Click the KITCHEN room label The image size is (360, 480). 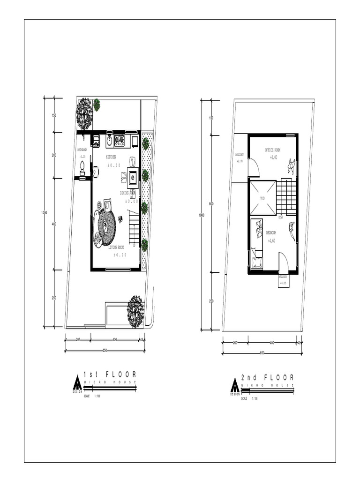point(111,157)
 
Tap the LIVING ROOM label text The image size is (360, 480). point(116,247)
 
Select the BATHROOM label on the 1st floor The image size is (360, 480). point(82,150)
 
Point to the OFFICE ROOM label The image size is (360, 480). point(273,150)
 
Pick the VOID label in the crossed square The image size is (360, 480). point(262,198)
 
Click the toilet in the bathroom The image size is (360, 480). point(83,166)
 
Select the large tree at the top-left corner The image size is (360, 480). point(84,112)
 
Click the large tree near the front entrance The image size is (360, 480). point(135,310)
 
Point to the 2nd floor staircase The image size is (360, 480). point(286,196)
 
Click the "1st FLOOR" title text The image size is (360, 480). point(110,375)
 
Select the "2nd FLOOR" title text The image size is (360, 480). point(268,377)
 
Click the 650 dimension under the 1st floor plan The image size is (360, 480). point(105,350)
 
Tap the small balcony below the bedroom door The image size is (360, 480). point(284,280)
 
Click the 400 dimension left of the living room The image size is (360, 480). point(54,224)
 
